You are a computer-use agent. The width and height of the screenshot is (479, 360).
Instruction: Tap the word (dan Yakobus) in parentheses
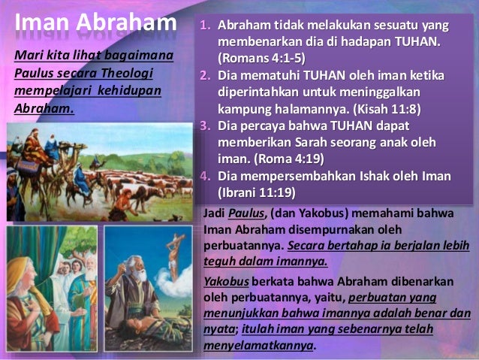click(296, 214)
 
